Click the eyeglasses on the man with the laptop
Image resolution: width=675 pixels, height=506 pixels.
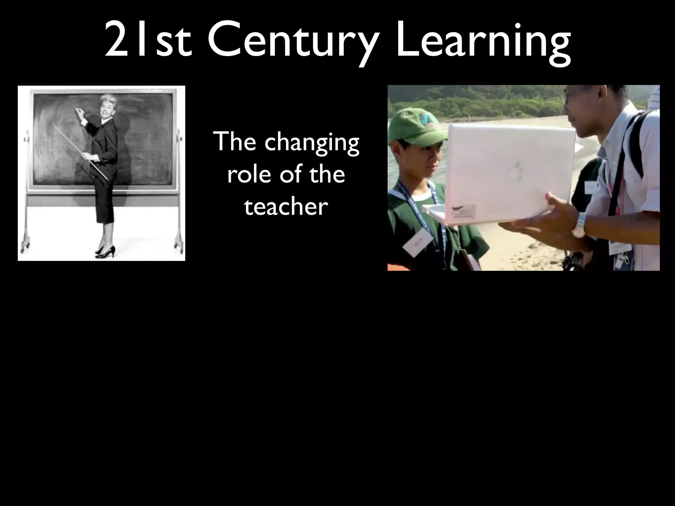pyautogui.click(x=568, y=96)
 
